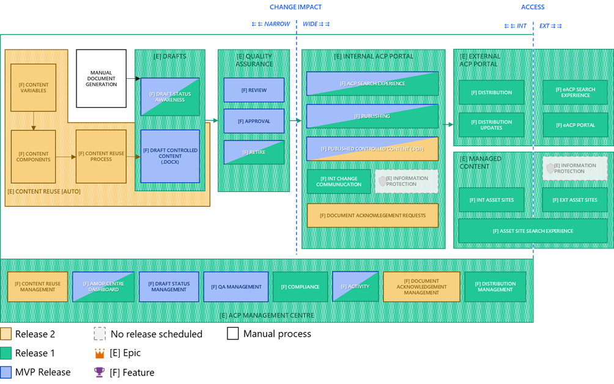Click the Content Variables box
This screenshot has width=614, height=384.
(x=34, y=87)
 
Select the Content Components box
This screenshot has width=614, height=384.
(x=34, y=157)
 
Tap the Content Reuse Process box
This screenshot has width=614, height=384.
(x=101, y=157)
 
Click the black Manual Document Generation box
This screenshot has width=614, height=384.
(x=101, y=78)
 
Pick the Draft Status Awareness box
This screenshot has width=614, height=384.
(x=170, y=97)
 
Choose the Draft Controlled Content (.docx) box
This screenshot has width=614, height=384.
(x=170, y=156)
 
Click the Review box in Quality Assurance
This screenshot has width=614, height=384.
(x=254, y=90)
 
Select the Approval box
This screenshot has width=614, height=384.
(x=254, y=121)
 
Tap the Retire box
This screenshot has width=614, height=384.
(x=254, y=152)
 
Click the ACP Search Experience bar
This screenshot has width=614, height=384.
(x=372, y=84)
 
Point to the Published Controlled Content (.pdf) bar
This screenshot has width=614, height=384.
(x=372, y=149)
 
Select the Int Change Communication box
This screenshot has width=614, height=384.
(x=339, y=182)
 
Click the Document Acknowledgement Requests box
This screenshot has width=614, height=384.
(x=372, y=215)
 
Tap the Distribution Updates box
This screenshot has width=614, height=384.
(x=492, y=125)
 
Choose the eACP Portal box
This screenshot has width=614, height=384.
(x=575, y=125)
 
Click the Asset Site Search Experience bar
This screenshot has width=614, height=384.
(x=533, y=231)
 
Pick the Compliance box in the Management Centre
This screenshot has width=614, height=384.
(x=300, y=287)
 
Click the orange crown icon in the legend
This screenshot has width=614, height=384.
(x=99, y=353)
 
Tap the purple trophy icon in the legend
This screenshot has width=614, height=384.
(x=99, y=372)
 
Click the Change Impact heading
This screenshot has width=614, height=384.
(x=295, y=7)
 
